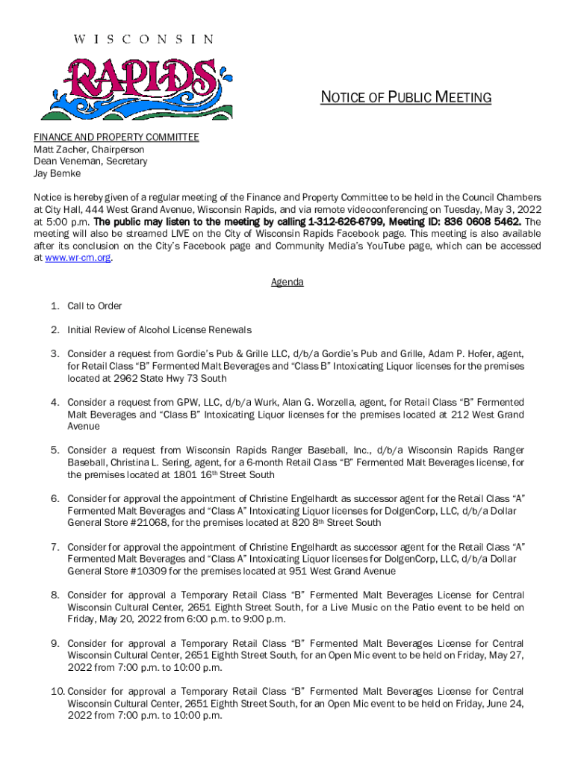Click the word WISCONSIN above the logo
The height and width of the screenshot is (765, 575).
click(x=143, y=39)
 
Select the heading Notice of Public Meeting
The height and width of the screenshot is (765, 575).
click(x=405, y=98)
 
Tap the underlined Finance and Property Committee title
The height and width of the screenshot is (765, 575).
click(x=116, y=137)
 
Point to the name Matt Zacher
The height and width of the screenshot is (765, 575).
click(x=59, y=149)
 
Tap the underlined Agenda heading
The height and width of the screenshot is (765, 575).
click(x=287, y=282)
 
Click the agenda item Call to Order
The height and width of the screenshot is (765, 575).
click(x=95, y=306)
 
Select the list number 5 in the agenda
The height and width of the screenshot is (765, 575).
click(x=55, y=450)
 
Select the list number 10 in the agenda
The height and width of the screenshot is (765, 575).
click(x=57, y=692)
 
